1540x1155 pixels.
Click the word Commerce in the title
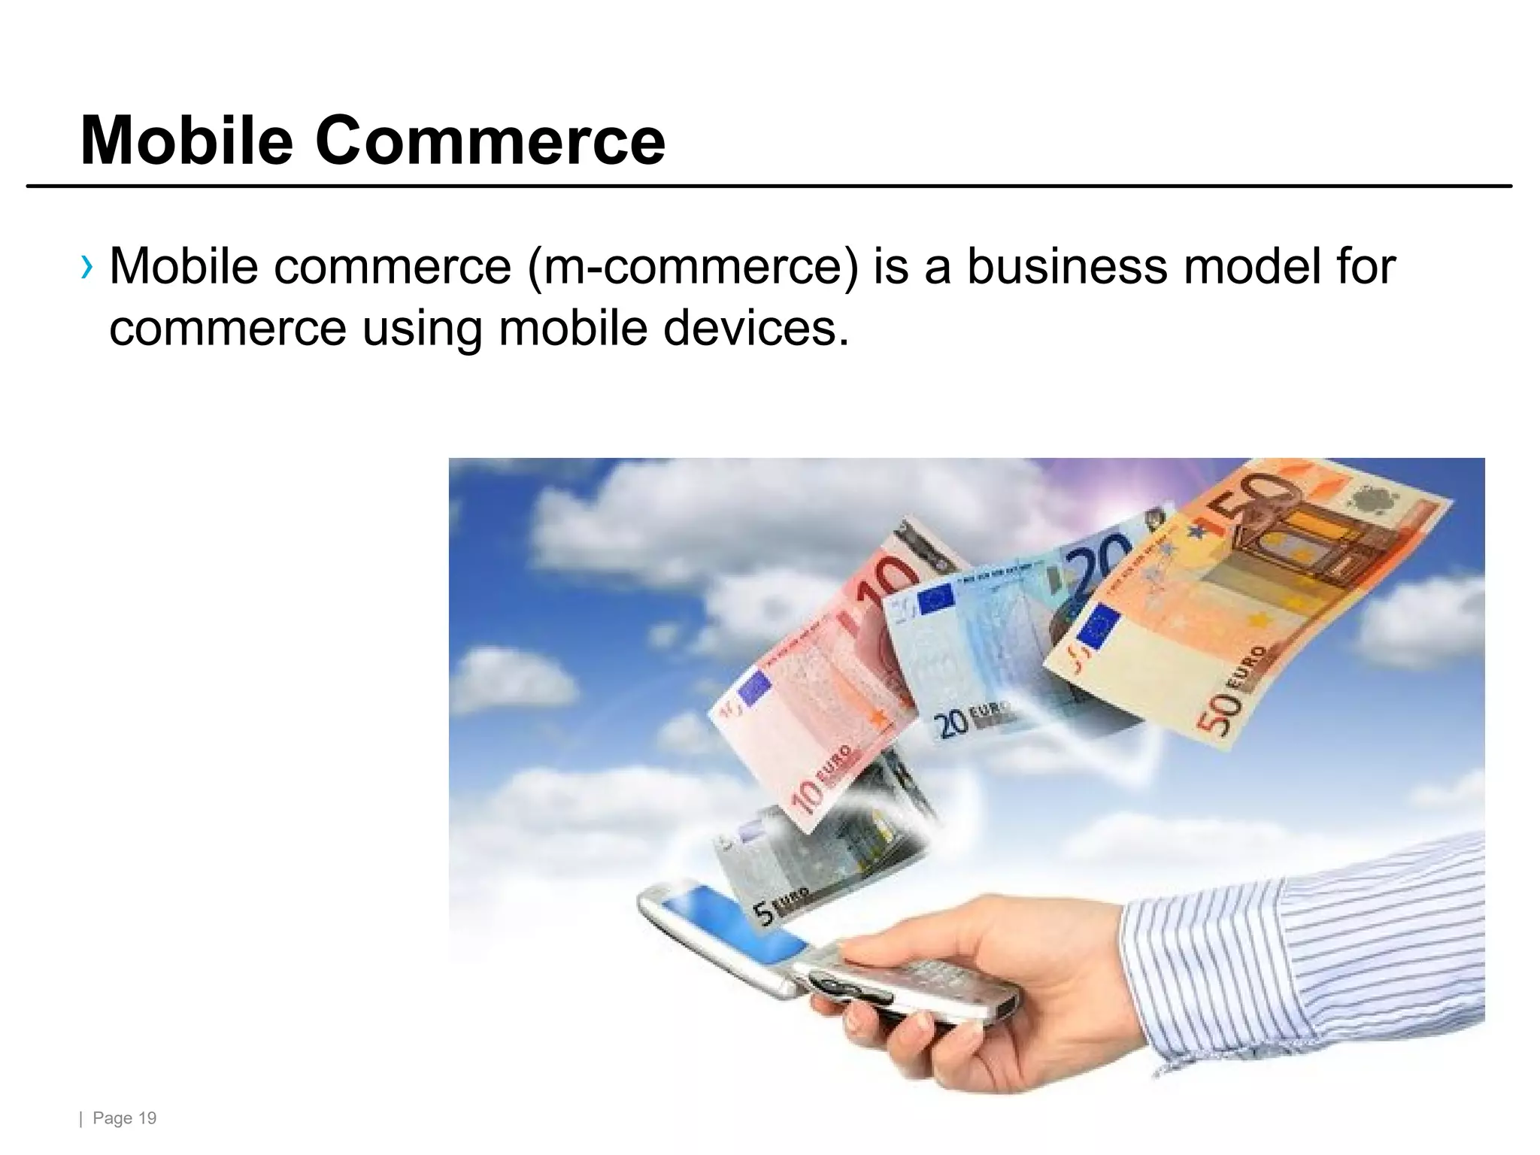pos(490,141)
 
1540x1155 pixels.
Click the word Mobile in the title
pos(186,141)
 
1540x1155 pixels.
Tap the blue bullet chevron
pos(88,267)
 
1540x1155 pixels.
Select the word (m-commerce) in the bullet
pos(692,267)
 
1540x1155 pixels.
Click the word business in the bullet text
pos(1067,267)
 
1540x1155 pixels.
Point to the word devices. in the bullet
pos(756,329)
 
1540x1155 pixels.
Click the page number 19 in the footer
pos(147,1118)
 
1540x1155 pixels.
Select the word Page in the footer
pos(113,1118)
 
